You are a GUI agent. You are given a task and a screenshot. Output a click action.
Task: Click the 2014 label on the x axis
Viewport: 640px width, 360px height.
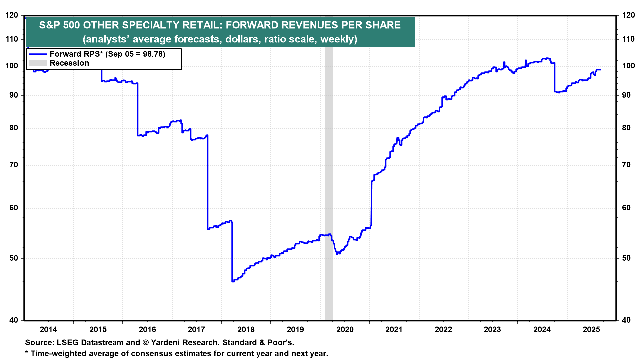click(48, 330)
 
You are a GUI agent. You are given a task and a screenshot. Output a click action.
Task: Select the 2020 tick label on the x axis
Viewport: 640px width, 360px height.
click(345, 330)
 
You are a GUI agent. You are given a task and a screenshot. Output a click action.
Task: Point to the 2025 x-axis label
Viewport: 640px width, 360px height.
click(591, 330)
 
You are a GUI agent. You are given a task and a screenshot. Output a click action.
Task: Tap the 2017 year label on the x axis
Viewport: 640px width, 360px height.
click(196, 330)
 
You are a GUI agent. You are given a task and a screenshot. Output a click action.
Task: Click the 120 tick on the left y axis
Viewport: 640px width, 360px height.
click(12, 15)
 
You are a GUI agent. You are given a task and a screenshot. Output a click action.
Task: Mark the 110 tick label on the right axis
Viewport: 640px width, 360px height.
click(628, 39)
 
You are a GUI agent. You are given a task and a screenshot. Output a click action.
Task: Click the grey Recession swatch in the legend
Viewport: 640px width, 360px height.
click(37, 63)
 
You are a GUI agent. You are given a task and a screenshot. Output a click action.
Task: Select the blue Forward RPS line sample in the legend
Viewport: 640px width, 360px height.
click(37, 54)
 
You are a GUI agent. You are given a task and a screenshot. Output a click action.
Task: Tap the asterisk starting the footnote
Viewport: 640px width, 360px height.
click(27, 353)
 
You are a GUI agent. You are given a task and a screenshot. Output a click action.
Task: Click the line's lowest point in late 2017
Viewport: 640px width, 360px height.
click(233, 281)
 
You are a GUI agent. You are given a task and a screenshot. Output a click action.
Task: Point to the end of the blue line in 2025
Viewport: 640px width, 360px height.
click(600, 70)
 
